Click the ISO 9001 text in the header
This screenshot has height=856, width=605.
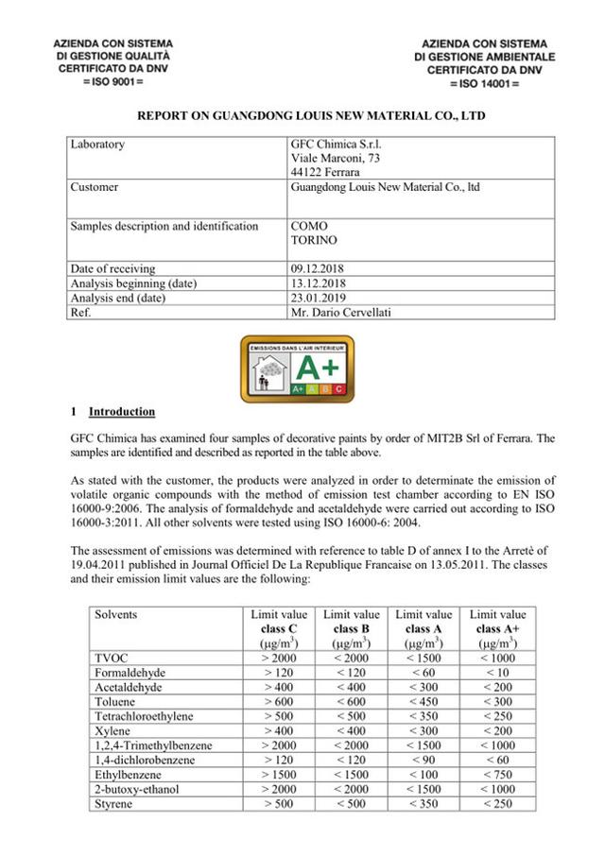tap(113, 83)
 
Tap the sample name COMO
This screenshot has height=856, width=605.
tap(310, 227)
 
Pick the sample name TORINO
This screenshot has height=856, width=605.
tap(314, 241)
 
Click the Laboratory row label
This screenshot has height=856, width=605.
tap(97, 145)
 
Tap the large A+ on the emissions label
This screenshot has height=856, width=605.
tap(323, 366)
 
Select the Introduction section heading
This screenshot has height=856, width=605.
tap(121, 412)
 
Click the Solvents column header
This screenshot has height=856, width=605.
tap(115, 615)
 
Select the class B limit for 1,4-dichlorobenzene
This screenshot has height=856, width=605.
tap(352, 761)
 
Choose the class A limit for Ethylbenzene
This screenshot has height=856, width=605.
tap(424, 775)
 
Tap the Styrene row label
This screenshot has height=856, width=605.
tap(113, 804)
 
